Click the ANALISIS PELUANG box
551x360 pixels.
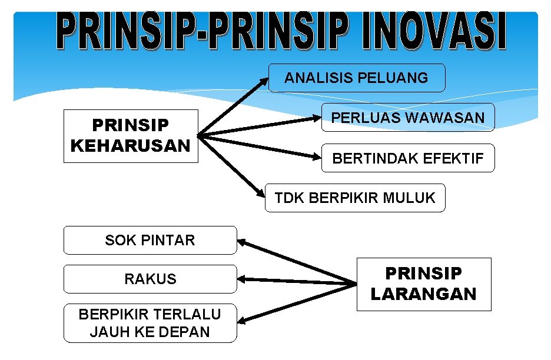[357, 78]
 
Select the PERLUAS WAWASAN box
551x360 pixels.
[407, 118]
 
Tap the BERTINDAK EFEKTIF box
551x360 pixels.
[407, 158]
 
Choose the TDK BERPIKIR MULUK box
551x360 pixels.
[355, 198]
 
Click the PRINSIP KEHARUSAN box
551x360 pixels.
[131, 136]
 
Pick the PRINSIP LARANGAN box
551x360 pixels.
[423, 284]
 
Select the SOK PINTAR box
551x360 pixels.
[150, 240]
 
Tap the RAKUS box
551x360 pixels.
[150, 279]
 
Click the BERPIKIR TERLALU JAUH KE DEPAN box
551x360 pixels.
[150, 323]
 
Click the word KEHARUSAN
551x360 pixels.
[131, 145]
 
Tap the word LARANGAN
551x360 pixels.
[423, 294]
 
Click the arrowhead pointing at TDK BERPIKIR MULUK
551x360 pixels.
[260, 192]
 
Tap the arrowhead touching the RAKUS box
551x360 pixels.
[242, 279]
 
